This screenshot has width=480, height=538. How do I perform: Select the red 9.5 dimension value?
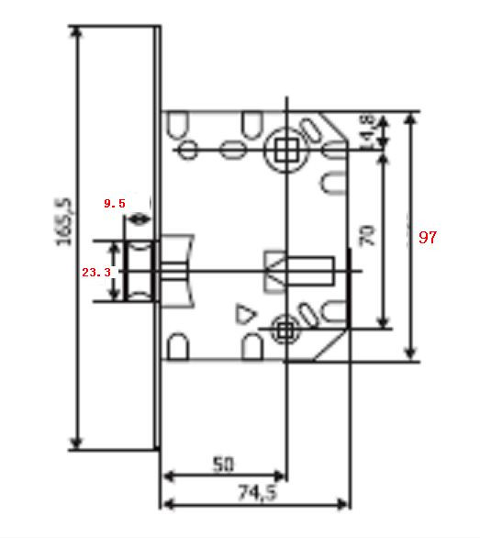(x=114, y=203)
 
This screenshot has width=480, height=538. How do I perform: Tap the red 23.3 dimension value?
(x=95, y=273)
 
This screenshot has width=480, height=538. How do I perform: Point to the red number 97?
(x=428, y=237)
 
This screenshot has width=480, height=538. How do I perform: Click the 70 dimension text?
(x=367, y=236)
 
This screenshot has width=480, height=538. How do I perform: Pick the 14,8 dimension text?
(x=366, y=129)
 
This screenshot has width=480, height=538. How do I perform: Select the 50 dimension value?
(x=223, y=465)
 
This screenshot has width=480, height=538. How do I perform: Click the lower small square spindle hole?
(x=285, y=328)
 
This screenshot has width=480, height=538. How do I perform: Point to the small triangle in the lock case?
(x=244, y=314)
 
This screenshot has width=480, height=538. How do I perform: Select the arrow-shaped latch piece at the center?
(x=296, y=271)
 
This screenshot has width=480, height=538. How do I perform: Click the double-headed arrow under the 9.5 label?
(x=140, y=219)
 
